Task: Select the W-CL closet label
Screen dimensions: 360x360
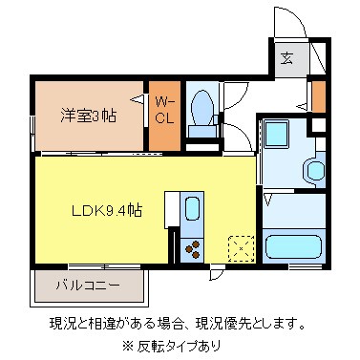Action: coord(164,110)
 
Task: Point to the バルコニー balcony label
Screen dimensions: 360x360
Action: coord(87,285)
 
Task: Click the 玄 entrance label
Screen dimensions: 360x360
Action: coord(286,56)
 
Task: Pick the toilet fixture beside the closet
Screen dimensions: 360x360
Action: coord(202,112)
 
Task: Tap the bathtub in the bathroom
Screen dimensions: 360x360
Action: coord(294,243)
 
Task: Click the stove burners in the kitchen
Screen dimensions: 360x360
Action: coord(192,247)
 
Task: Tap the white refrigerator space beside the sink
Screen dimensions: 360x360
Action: coord(172,208)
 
